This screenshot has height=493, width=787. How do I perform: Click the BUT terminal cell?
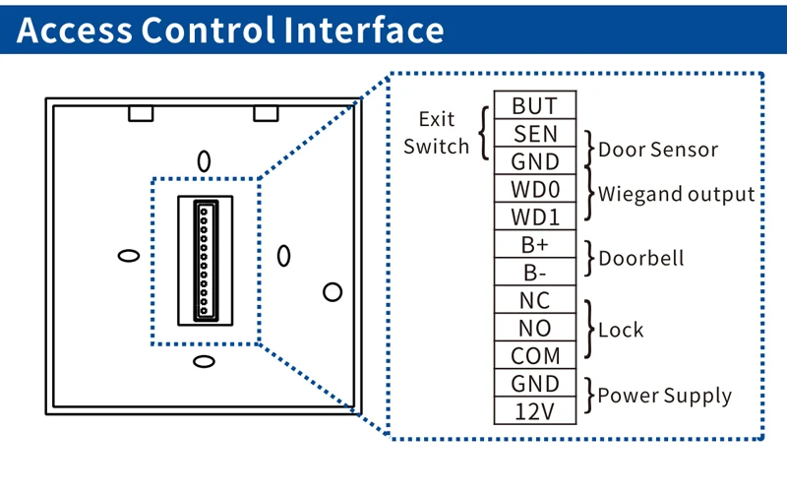pos(535,105)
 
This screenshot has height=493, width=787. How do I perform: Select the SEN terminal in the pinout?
pos(535,133)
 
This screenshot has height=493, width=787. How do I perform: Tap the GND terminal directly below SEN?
pos(535,161)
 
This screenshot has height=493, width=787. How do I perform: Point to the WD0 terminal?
pos(535,189)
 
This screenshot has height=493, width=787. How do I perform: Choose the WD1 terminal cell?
pos(535,216)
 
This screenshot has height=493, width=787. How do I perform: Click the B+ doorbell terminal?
pos(535,245)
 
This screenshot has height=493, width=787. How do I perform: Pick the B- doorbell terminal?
pos(535,273)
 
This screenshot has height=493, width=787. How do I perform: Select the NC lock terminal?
pos(535,300)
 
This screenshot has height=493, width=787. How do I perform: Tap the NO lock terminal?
pos(535,328)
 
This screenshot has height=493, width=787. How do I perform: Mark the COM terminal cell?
pos(535,355)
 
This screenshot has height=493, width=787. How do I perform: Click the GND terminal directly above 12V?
pos(535,383)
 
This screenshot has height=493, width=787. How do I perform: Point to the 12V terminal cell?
pos(535,410)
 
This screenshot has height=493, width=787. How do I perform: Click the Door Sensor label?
pos(658,151)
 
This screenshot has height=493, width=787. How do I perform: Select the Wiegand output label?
pos(676,194)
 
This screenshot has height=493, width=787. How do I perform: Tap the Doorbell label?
pos(640,259)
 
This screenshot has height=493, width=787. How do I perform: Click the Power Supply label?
pos(665,397)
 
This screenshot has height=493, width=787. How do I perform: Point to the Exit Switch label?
pos(437,133)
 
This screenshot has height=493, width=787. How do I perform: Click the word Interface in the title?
pos(364,31)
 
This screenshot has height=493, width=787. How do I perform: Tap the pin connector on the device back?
pos(206,259)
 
